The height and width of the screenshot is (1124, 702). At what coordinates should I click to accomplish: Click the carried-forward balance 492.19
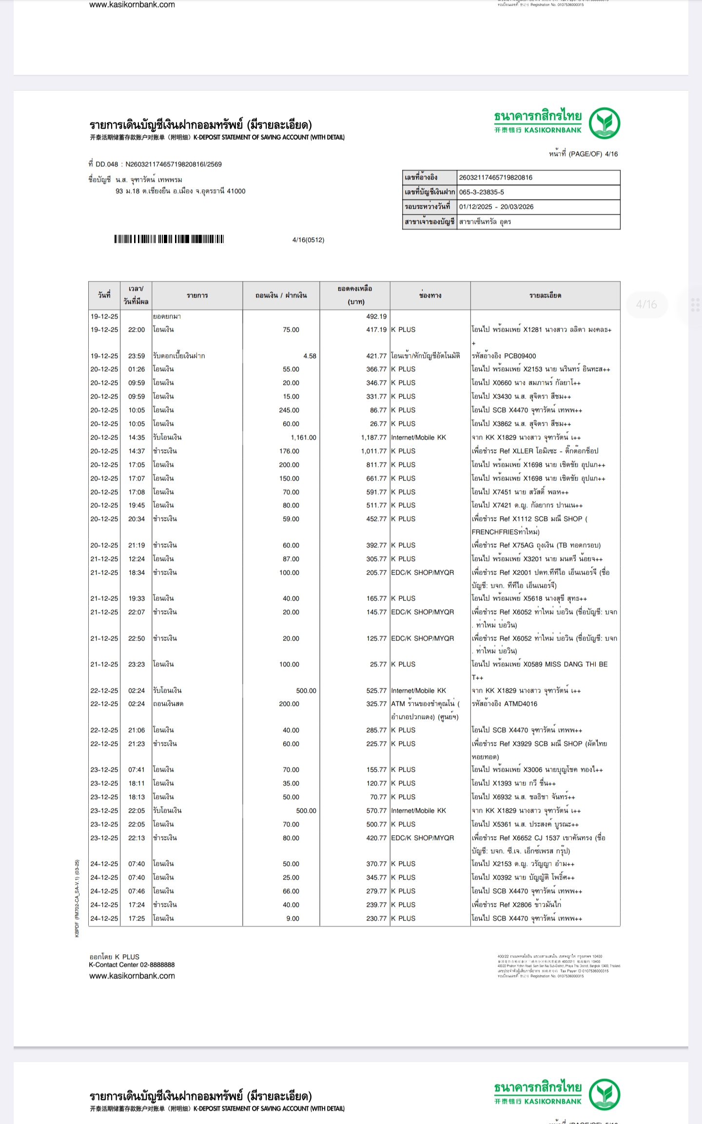click(x=376, y=316)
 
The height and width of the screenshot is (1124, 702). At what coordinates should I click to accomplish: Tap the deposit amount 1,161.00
click(x=303, y=438)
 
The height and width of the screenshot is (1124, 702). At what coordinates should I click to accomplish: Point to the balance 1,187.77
click(x=373, y=438)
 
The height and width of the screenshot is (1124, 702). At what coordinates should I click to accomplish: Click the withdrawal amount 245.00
click(x=289, y=410)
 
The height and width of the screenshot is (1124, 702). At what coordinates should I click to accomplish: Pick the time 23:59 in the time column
click(x=136, y=356)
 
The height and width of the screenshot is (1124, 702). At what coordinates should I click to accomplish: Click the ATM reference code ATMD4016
click(x=518, y=704)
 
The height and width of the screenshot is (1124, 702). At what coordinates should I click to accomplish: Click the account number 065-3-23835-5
click(x=482, y=192)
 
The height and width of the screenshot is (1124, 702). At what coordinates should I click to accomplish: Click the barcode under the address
click(x=169, y=239)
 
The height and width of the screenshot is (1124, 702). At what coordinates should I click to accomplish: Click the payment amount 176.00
click(x=289, y=451)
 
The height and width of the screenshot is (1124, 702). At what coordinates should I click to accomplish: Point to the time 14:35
click(x=136, y=438)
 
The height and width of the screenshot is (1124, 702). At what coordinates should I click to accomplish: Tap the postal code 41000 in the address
click(x=236, y=191)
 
